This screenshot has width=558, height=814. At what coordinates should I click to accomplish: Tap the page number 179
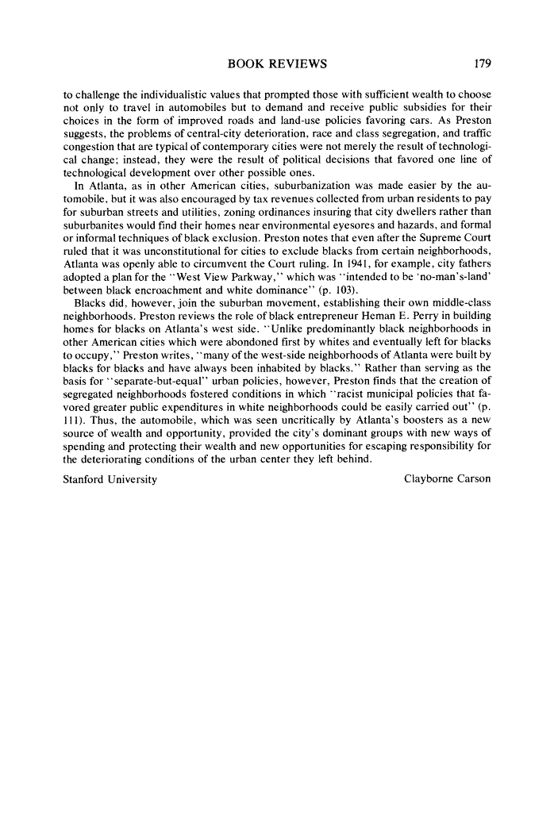coord(481,63)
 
